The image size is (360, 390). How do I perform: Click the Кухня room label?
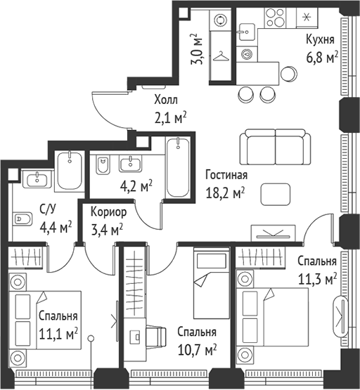320,40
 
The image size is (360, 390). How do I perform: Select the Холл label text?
166,100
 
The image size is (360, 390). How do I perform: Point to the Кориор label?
108,212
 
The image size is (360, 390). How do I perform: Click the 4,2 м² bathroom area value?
136,186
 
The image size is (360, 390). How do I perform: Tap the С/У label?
48,209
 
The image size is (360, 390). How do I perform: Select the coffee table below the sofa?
276,194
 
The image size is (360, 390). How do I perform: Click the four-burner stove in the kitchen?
275,18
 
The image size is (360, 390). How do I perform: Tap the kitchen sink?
247,32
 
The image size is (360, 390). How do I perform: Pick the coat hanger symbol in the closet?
221,57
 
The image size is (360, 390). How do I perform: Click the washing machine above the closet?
220,20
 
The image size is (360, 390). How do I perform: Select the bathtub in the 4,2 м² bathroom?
178,167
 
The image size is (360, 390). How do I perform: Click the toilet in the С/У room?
22,219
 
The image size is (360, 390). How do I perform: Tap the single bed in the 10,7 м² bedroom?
211,283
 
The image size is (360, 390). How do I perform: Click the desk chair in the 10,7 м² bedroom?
156,337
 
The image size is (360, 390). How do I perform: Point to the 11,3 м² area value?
317,279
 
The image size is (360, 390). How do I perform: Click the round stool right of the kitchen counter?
289,74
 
